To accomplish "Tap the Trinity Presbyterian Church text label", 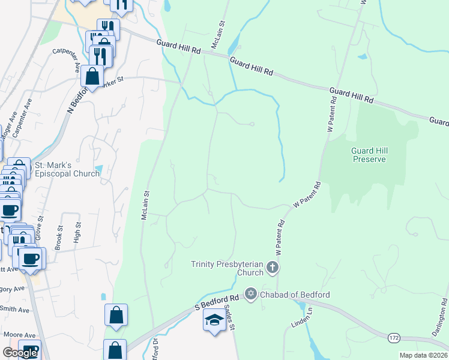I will (x=227, y=268).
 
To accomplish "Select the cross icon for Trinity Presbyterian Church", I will (x=273, y=268).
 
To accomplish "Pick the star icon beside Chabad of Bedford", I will (x=250, y=295).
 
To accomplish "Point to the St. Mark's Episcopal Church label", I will (x=67, y=169).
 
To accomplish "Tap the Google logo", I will (x=20, y=353).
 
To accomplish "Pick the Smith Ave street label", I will (x=14, y=310).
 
